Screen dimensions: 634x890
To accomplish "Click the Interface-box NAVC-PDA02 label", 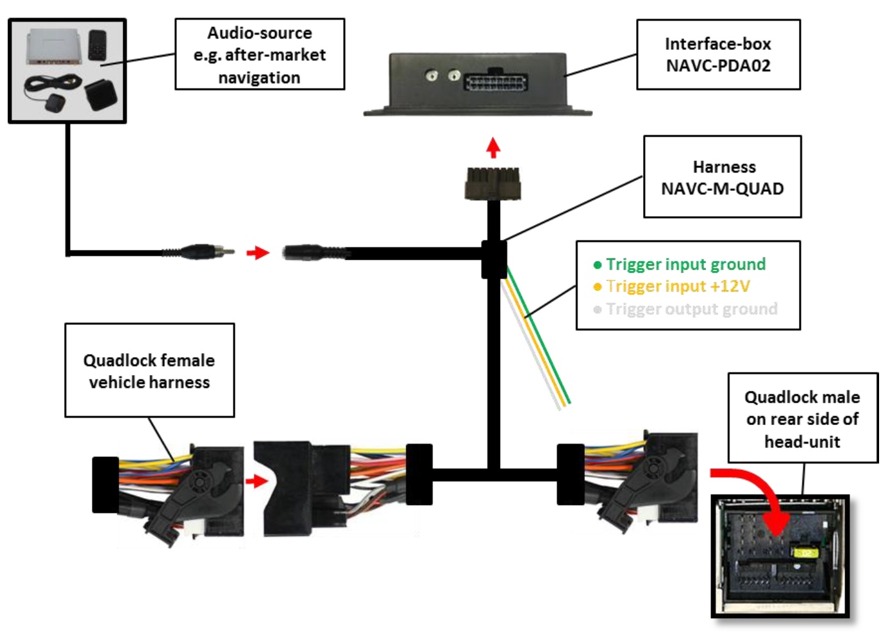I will [x=718, y=54].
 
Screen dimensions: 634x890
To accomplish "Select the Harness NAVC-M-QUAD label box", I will [x=723, y=177].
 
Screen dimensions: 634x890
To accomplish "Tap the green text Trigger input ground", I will [x=685, y=264].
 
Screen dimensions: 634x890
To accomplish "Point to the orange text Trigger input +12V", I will [x=678, y=286].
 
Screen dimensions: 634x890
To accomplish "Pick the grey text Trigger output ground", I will [x=691, y=309].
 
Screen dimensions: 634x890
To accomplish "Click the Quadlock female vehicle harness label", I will [x=149, y=371].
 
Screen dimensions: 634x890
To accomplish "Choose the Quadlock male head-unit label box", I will [x=802, y=419].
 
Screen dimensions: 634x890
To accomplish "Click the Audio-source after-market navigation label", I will [x=260, y=54].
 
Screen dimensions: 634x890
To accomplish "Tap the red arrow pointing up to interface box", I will [x=492, y=147].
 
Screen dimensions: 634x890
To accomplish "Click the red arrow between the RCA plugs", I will [x=258, y=253].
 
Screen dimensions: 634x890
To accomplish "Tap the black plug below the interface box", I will [x=492, y=183].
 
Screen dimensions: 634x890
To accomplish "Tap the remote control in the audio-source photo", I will [x=98, y=44].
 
